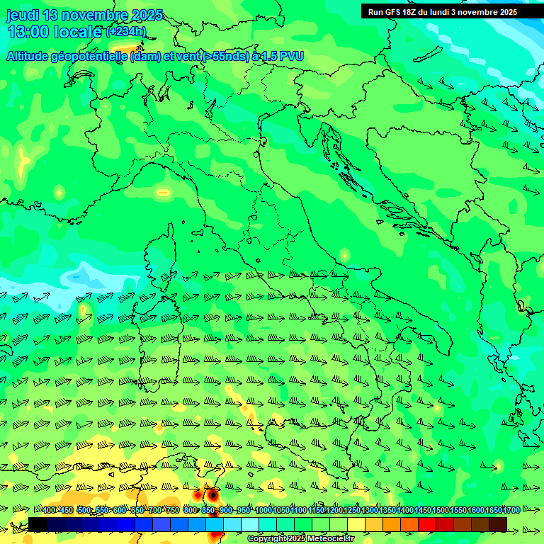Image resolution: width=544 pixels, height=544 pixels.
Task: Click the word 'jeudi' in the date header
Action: [23, 15]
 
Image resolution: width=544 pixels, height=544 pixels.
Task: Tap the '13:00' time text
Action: [29, 31]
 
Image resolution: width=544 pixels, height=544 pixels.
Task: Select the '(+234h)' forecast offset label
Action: [126, 31]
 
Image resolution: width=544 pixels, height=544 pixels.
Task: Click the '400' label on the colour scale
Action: [49, 511]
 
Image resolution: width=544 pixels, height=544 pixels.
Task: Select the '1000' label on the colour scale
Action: [263, 511]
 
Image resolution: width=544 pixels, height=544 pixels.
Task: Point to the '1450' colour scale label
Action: [423, 511]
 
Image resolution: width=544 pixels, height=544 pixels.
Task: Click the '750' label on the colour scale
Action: [172, 511]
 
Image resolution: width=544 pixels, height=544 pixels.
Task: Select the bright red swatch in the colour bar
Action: [427, 524]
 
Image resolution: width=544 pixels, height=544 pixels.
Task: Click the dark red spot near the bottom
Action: [211, 495]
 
